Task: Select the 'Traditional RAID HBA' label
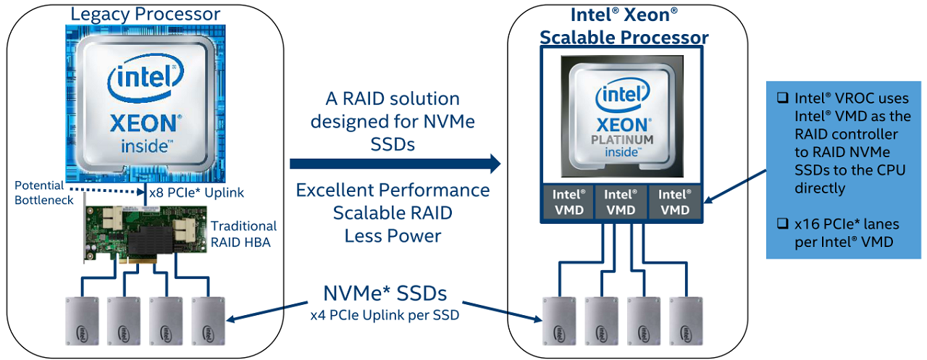pos(243,234)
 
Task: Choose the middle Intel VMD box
pos(621,202)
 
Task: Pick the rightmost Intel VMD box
pos(675,202)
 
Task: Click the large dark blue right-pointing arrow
pos(395,164)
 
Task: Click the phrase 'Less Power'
pos(393,235)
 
